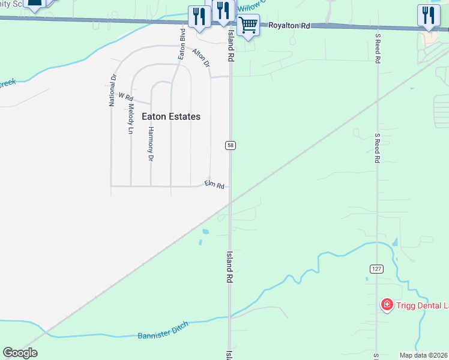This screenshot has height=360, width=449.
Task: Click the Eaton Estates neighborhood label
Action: tap(171, 116)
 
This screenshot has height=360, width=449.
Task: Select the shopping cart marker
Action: tap(248, 25)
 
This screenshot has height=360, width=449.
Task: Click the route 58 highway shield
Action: tap(231, 145)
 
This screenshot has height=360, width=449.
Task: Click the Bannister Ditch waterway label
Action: tap(163, 331)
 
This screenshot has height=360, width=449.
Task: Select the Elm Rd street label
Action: tap(214, 185)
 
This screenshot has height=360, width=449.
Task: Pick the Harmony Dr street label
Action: tap(151, 144)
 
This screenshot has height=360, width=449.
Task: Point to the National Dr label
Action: tap(112, 90)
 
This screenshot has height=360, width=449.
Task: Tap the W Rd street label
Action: tap(125, 96)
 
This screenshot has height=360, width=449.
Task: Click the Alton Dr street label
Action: tap(201, 58)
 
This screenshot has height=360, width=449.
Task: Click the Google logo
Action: tap(20, 352)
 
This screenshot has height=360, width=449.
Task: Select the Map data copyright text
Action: tap(424, 355)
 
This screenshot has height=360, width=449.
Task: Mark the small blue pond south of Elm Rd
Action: tap(206, 232)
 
